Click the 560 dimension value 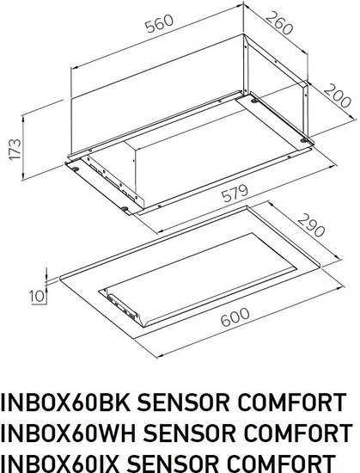click(x=159, y=23)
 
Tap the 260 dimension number click(x=279, y=22)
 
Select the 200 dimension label click(x=338, y=95)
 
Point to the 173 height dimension click(x=15, y=149)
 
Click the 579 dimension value click(x=235, y=193)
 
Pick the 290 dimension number click(x=312, y=224)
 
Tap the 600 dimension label click(x=235, y=317)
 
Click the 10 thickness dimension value click(x=37, y=296)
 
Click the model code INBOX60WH click(x=69, y=433)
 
